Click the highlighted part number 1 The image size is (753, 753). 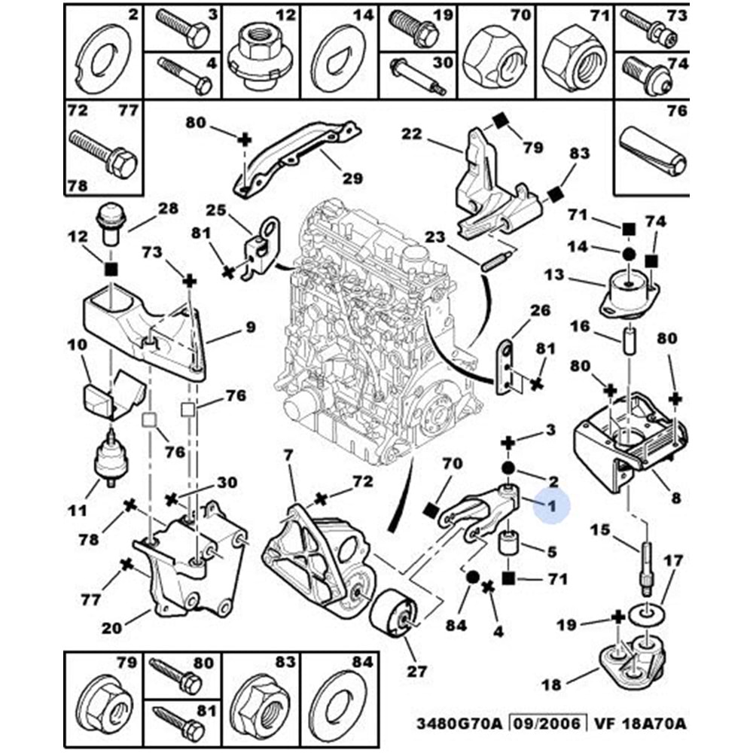point(552,508)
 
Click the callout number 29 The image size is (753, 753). point(352,178)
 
